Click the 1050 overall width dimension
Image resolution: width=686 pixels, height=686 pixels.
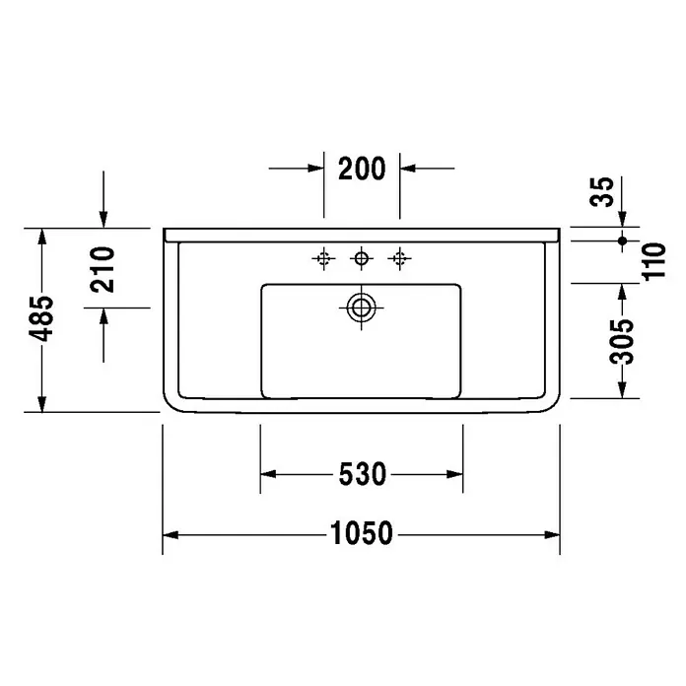pos(362,533)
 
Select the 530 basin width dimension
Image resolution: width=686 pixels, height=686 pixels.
pos(363,474)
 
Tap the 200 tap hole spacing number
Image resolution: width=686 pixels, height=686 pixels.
pos(362,169)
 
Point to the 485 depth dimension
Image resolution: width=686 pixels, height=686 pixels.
pos(41,318)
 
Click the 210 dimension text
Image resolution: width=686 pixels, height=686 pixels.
pos(103,269)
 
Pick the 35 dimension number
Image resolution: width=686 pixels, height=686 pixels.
pos(602,191)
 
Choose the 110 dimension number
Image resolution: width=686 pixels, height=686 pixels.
pos(653,261)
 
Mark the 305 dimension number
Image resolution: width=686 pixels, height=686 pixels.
pos(622,342)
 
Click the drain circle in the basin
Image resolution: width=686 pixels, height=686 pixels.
pos(361,308)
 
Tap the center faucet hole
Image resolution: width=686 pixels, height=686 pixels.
pos(362,258)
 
